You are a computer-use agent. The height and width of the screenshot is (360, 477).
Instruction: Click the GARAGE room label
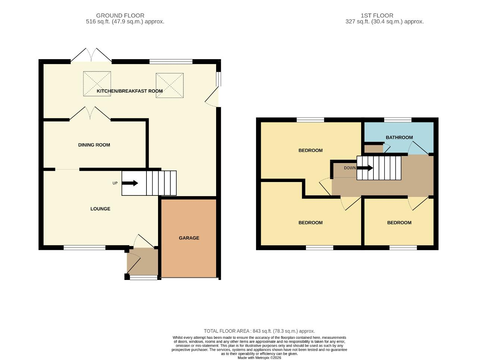pyautogui.click(x=189, y=238)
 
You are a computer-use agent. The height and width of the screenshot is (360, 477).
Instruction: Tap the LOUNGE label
pyautogui.click(x=100, y=209)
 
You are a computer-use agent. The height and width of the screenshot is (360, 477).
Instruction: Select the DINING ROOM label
pyautogui.click(x=94, y=145)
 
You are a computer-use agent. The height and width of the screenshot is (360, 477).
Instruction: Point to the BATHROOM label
pyautogui.click(x=399, y=137)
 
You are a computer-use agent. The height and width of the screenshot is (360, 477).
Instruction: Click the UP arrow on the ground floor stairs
pyautogui.click(x=130, y=183)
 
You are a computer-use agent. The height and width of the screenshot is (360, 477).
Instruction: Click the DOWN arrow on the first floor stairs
pyautogui.click(x=365, y=168)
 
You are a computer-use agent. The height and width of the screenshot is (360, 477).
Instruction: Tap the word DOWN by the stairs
pyautogui.click(x=350, y=168)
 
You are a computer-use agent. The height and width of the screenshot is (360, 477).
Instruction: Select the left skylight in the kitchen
pyautogui.click(x=97, y=84)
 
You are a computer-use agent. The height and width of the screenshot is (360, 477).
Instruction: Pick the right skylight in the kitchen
pyautogui.click(x=170, y=85)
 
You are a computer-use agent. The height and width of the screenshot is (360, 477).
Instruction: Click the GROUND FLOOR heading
pyautogui.click(x=120, y=16)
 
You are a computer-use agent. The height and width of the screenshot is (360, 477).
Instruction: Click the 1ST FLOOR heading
pyautogui.click(x=377, y=16)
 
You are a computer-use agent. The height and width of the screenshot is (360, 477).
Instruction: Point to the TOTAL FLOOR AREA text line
pyautogui.click(x=259, y=331)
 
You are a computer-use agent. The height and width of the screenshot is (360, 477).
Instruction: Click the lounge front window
pyautogui.click(x=84, y=247)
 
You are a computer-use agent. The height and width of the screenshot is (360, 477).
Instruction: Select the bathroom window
pyautogui.click(x=398, y=120)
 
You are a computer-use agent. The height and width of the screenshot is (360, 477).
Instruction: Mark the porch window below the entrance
pyautogui.click(x=143, y=278)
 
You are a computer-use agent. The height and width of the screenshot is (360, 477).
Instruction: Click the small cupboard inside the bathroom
pyautogui.click(x=373, y=149)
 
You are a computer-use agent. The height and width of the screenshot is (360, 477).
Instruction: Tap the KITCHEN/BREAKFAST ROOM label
pyautogui.click(x=130, y=91)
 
